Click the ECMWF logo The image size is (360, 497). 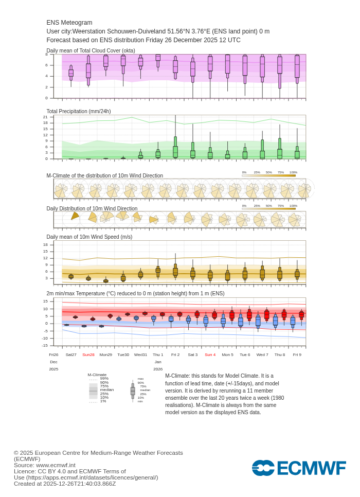coord(299,468)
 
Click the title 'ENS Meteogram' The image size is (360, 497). coord(69,23)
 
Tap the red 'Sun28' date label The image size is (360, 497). coord(88,354)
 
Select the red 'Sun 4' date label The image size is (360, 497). coord(210,354)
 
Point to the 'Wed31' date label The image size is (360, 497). coord(140,354)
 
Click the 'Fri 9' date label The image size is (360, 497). coord(297,354)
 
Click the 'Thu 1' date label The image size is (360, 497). coord(158,354)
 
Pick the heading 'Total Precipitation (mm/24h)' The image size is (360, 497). coord(79,111)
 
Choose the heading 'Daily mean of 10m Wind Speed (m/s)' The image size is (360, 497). coord(89,237)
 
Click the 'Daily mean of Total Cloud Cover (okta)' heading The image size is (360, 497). coord(91,50)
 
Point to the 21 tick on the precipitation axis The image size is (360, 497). coord(45,117)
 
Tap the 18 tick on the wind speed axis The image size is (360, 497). coord(45,244)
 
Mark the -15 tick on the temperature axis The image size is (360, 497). coord(45,345)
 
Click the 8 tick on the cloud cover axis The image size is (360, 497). coord(46,54)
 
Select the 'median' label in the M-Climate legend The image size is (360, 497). coord(106,390)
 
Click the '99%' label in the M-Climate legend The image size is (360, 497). coord(104,378)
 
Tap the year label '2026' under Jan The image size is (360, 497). coord(158,369)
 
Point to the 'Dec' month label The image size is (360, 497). coord(53,362)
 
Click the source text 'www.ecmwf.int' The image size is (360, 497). coord(56,465)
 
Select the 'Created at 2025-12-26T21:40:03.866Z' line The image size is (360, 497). coord(65,484)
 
